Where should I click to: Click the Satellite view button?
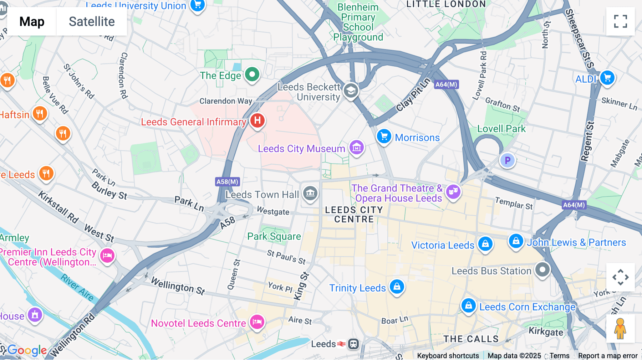coord(92,21)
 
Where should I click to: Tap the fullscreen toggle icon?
coord(620,21)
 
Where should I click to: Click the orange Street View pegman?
coord(620,328)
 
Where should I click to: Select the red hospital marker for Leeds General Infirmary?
coord(257,120)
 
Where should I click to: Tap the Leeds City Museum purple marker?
coord(356,147)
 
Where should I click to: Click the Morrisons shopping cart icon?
coord(384,136)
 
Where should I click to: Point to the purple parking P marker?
coord(507,160)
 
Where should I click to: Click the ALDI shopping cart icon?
coord(607,77)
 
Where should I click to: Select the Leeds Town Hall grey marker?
coord(310,193)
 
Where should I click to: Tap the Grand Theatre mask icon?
coord(453,192)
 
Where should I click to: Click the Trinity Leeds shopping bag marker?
coord(397,286)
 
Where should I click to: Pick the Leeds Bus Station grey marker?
coord(542,269)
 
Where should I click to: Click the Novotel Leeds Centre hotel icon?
coord(257,322)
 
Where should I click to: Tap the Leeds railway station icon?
coord(353,344)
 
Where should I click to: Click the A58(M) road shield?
coord(228,182)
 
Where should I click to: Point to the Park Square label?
coord(274,236)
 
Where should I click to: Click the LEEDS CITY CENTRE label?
coord(354,215)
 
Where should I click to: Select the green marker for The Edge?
coord(252,74)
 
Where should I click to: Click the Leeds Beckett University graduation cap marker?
coord(351,91)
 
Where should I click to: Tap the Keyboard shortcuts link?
coord(448,356)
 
